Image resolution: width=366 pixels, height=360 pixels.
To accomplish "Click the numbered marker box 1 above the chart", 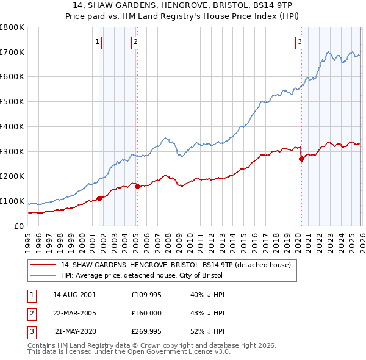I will pos(98,42).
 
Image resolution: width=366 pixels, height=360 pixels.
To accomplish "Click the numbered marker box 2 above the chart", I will pos(135,42).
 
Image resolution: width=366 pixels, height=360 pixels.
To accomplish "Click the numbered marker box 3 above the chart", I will pos(300,42).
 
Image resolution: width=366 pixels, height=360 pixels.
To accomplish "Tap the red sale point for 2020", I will pos(301,159).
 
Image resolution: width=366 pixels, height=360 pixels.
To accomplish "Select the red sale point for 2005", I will pos(137,186).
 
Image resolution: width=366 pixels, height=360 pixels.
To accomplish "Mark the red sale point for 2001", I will pos(99,198).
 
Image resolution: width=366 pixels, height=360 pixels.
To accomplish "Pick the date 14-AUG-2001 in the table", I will pos(74,294).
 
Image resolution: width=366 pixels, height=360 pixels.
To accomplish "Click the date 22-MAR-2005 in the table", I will pos(74,313).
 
